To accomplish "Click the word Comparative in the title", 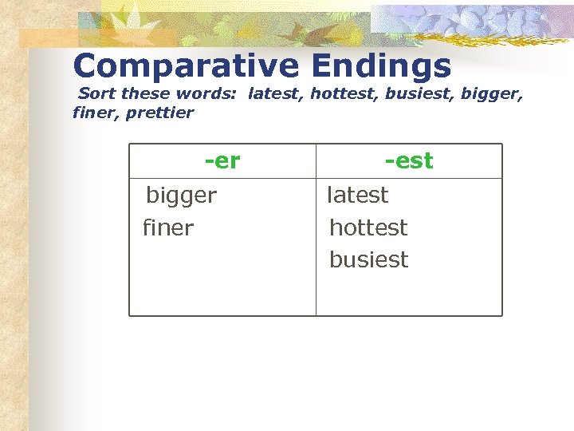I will tap(184, 66).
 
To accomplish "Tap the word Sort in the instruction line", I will tap(96, 94).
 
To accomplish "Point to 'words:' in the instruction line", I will tap(206, 94).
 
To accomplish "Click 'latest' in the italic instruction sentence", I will tap(275, 94).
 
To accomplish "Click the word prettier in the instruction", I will tap(159, 113).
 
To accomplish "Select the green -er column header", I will tap(222, 161).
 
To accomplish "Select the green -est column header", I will tap(408, 161).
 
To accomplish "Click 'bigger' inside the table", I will tap(181, 196).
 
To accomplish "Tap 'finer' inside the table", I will tap(168, 228).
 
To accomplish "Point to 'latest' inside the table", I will tap(358, 195).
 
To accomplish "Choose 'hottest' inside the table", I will tap(368, 228).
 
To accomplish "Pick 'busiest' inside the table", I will tap(368, 260).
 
